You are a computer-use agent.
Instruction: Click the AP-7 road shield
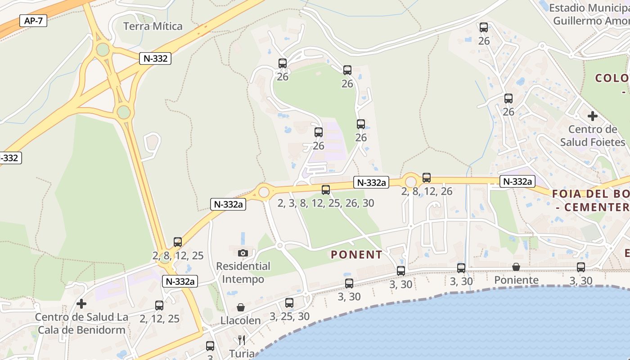tap(34, 21)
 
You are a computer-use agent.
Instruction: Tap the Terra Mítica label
tap(153, 26)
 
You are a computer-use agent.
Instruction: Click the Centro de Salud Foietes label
tap(593, 136)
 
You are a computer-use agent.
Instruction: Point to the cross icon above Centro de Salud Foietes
tap(593, 116)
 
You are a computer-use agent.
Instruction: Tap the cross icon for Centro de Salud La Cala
tap(81, 304)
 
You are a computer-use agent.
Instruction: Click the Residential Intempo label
tap(243, 273)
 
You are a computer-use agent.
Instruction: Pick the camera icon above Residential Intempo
tap(243, 253)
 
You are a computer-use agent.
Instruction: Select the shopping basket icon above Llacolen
tap(241, 307)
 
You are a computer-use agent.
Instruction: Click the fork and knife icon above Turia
tap(242, 340)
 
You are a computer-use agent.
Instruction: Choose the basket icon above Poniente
tap(516, 267)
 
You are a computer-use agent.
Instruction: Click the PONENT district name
tap(356, 255)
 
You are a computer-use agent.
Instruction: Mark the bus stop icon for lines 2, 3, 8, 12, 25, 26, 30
tap(326, 190)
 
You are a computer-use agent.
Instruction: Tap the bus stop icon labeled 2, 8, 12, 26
tap(427, 178)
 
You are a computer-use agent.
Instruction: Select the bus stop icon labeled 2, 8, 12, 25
tap(178, 242)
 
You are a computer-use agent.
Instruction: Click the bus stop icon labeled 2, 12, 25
tap(159, 306)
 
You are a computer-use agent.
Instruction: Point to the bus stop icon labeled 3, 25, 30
tap(289, 303)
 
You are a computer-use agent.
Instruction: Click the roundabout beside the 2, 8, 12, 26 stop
tap(410, 181)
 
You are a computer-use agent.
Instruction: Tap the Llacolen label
tap(240, 320)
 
